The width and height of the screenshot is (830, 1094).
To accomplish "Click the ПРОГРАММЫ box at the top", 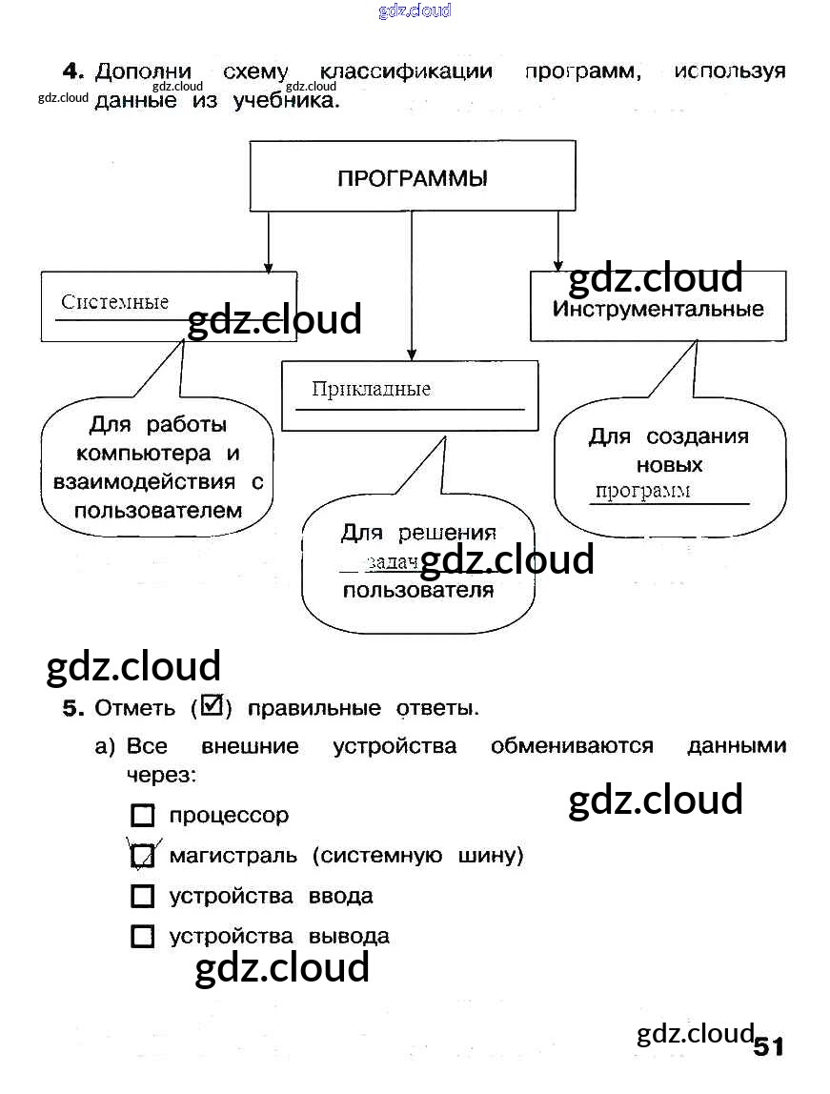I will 412,177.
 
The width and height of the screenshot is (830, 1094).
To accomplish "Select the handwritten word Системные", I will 114,303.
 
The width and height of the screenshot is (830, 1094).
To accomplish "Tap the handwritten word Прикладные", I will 371,389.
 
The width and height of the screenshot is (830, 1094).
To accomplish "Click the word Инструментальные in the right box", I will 658,310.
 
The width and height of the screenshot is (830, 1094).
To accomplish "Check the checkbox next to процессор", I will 142,816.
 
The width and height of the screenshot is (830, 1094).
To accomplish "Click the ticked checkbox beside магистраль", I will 142,856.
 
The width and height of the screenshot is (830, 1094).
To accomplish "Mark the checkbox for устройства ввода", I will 142,897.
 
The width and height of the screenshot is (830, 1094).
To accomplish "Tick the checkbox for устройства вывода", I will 142,937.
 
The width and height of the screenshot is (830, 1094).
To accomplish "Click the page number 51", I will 768,1047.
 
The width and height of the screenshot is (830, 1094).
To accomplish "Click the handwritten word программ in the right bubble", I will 642,492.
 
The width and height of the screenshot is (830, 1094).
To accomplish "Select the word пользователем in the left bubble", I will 158,511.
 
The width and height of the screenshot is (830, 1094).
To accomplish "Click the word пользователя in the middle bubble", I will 417,590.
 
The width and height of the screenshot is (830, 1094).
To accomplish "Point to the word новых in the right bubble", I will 669,465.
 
